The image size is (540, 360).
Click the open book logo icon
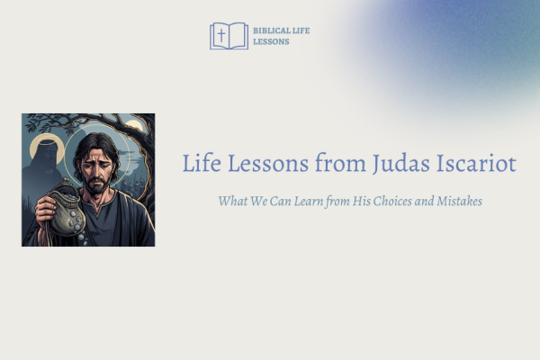coord(229,36)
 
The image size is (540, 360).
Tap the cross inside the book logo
coord(221,35)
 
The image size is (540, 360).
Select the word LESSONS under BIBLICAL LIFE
coord(271,41)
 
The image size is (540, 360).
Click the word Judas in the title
coord(400,164)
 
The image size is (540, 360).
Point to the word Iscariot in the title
coord(477,163)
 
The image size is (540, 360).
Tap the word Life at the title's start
coord(202,163)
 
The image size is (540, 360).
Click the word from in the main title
coord(340,163)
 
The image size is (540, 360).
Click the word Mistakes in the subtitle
coord(459,201)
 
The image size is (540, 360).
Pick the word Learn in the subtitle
coord(309,201)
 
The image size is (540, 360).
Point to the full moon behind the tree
coord(133,125)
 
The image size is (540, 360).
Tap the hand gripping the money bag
coord(45,211)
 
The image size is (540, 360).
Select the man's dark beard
coord(97,184)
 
